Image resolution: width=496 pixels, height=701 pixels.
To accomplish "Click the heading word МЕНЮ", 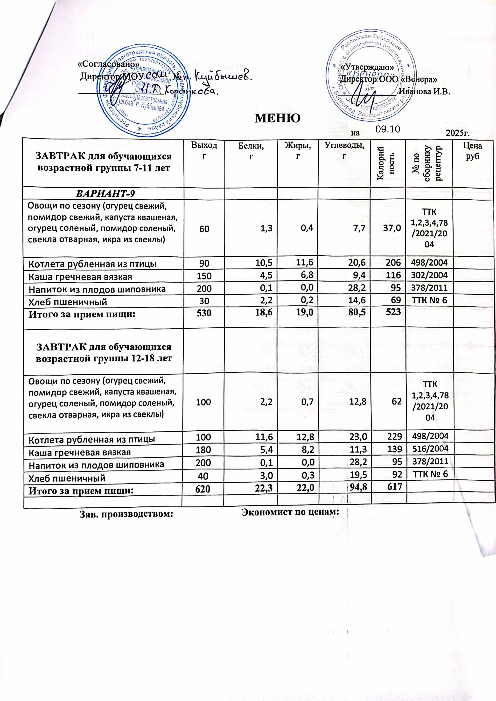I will [x=277, y=117].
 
